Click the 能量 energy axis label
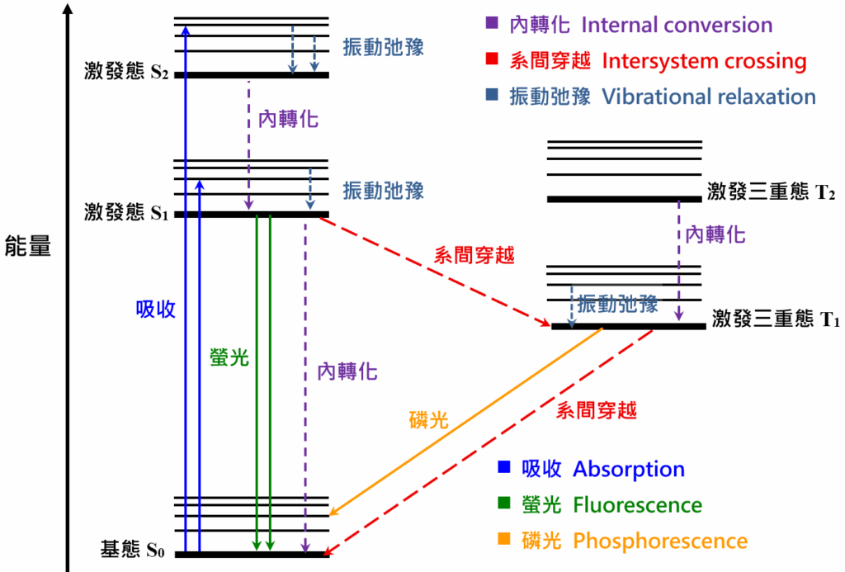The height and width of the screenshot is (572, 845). (27, 246)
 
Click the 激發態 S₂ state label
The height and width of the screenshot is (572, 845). (126, 71)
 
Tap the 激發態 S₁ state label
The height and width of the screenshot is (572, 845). (126, 212)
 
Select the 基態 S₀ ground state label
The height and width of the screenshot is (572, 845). (133, 550)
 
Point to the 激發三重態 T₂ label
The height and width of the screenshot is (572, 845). (772, 191)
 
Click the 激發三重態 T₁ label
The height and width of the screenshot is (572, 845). (776, 319)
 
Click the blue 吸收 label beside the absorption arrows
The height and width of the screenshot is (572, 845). (155, 310)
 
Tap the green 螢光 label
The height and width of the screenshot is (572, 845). (229, 357)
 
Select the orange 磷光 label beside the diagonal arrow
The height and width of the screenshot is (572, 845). (429, 419)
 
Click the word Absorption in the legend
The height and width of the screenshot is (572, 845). (628, 469)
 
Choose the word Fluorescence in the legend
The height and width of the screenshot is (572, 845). (638, 505)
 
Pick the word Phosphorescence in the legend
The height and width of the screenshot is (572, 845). (660, 541)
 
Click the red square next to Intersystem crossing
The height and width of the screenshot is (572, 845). (492, 59)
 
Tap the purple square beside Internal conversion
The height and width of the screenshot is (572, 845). (492, 22)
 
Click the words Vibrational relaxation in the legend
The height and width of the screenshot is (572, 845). (709, 97)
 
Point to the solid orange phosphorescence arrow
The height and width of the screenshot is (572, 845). (465, 421)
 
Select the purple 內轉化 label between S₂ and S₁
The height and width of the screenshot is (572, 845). (288, 119)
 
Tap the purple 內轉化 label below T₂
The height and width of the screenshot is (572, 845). (715, 234)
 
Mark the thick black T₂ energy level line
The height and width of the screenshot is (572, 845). (625, 199)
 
